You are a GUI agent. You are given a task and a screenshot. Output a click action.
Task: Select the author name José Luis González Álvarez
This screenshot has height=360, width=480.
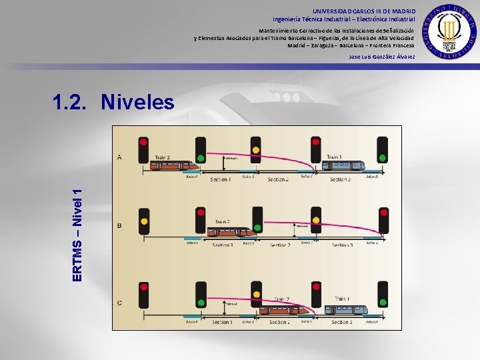click(382, 57)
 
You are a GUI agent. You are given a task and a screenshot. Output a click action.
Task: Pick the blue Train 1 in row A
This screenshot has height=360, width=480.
click(345, 165)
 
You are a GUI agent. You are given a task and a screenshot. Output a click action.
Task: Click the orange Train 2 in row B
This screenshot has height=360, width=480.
click(231, 231)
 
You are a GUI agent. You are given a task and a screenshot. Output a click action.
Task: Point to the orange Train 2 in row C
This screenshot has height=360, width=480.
click(283, 309)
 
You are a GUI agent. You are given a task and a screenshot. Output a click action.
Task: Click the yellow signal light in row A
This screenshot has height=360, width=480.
click(255, 150)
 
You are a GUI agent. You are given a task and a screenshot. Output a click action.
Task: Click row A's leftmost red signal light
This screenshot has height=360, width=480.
click(143, 141)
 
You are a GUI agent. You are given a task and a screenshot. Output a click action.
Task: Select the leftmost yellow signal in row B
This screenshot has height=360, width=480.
click(143, 220)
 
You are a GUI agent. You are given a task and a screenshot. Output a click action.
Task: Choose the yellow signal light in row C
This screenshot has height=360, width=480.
click(255, 294)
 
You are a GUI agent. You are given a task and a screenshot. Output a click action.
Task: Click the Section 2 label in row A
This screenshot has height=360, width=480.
click(278, 179)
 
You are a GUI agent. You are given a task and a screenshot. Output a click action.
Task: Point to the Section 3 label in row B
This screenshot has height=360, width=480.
click(342, 245)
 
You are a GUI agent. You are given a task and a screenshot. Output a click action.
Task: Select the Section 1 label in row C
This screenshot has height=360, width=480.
click(221, 323)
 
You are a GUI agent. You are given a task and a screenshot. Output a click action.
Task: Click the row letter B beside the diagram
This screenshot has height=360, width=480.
click(119, 225)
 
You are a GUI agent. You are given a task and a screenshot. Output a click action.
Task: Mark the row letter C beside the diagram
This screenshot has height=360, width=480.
click(119, 303)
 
